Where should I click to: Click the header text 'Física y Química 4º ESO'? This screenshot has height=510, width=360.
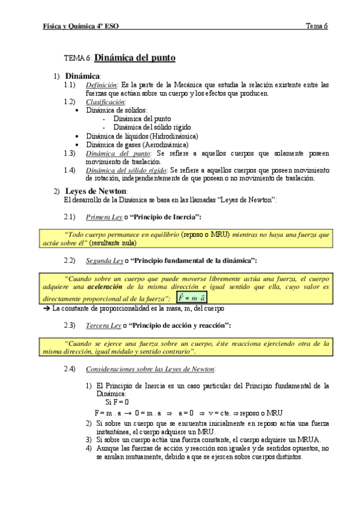81,26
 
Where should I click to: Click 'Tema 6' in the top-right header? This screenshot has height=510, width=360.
317,26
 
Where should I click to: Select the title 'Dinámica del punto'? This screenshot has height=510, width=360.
135,58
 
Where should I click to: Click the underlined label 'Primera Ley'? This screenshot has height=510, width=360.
105,217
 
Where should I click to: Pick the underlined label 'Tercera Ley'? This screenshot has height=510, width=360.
104,325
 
